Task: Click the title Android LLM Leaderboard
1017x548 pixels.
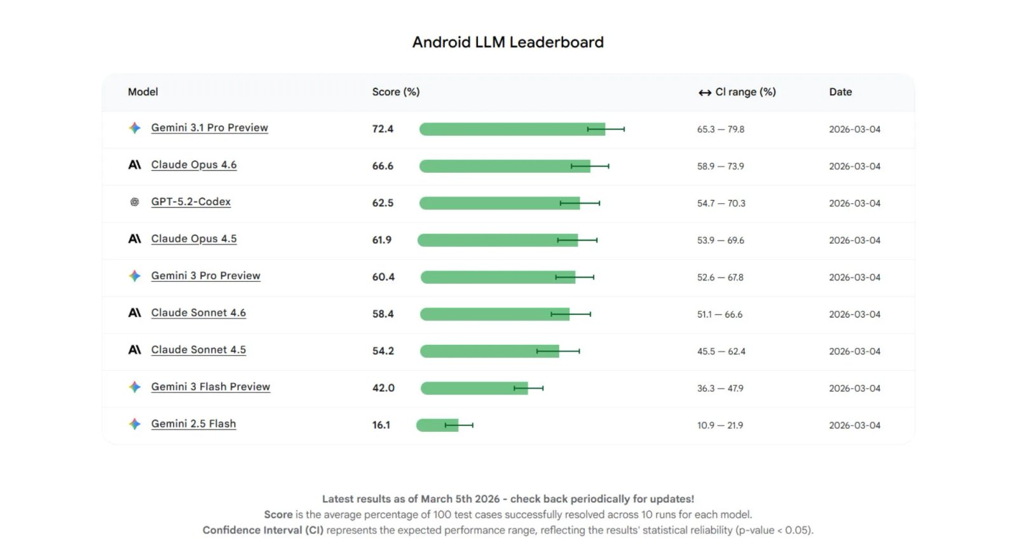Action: [x=508, y=43]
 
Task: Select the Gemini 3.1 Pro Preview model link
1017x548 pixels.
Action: [x=209, y=128]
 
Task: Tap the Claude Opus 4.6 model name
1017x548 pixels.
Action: [x=194, y=165]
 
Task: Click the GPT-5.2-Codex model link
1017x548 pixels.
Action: [x=191, y=202]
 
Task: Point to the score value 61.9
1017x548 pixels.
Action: [x=381, y=240]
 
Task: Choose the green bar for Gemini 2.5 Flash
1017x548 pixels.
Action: [x=437, y=425]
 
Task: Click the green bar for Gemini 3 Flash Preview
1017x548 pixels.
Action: [x=474, y=388]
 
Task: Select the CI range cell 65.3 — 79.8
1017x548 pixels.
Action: [x=720, y=130]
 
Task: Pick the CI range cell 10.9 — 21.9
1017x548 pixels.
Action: [x=720, y=425]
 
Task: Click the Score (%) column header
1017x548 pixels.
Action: [x=395, y=92]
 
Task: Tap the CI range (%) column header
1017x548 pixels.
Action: [x=745, y=92]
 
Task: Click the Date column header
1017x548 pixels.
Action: [x=840, y=92]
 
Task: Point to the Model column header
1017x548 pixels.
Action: [x=143, y=92]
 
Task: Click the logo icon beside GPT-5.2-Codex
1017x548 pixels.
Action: [x=135, y=202]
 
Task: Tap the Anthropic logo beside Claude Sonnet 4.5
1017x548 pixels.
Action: [x=135, y=350]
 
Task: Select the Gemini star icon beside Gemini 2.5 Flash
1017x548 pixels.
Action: [x=135, y=424]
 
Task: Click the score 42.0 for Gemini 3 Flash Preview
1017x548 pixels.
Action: [x=383, y=388]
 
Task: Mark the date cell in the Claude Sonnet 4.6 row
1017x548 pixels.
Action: [x=854, y=314]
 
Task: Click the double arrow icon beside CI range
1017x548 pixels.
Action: [x=704, y=93]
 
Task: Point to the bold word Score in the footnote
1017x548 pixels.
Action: [x=278, y=514]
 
